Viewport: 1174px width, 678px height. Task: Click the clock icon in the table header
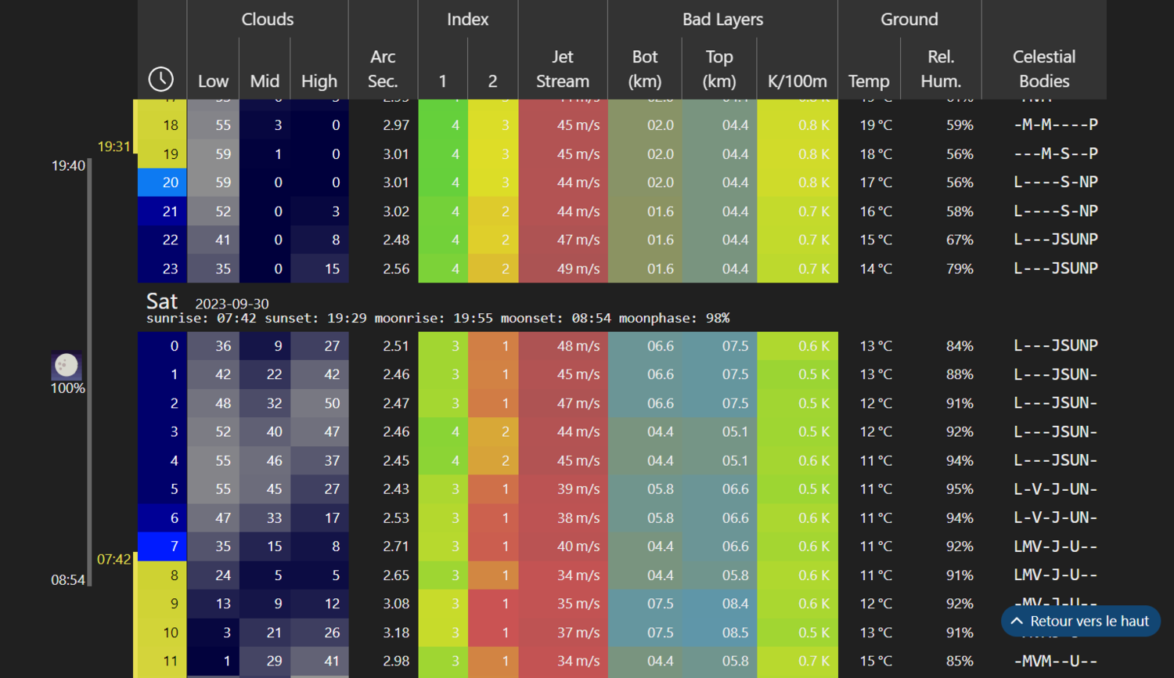point(161,79)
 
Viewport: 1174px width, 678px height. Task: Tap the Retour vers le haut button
point(1080,621)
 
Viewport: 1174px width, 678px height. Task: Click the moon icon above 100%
point(67,365)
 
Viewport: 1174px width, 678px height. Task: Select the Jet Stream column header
point(562,69)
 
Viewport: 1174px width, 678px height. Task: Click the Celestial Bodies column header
point(1043,69)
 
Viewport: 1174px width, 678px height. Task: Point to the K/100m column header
point(797,81)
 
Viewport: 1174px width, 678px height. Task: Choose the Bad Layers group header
point(722,20)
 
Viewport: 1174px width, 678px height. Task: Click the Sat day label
point(162,301)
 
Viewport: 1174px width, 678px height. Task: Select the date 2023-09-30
point(232,304)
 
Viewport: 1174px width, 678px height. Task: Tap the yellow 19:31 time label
point(113,146)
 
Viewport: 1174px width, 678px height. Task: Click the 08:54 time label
point(68,580)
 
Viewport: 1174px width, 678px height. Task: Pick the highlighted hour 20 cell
point(163,182)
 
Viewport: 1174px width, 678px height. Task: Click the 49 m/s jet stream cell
point(578,269)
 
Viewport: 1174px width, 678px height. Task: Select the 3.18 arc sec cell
point(396,633)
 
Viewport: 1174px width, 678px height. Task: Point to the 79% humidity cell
point(960,269)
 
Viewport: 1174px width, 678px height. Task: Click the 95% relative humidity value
point(960,489)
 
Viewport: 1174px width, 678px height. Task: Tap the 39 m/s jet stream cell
point(578,489)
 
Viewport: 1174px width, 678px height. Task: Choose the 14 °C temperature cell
point(876,269)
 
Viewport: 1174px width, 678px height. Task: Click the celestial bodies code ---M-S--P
point(1056,154)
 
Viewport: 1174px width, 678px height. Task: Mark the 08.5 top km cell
point(735,633)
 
